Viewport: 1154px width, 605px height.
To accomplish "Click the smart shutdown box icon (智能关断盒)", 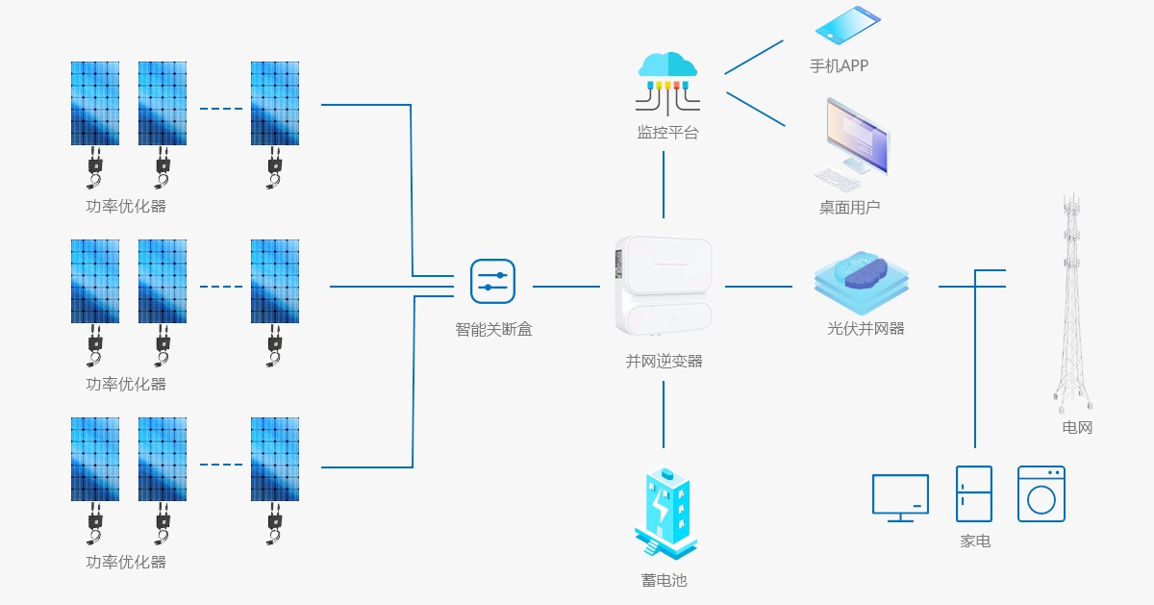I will click(x=492, y=281).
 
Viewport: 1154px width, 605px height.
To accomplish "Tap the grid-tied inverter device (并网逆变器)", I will click(x=664, y=286).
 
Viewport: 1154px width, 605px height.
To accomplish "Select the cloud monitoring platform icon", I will click(x=666, y=80).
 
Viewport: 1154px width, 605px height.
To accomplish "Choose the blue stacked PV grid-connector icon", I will click(x=861, y=280).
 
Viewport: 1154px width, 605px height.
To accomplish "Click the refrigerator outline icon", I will click(x=973, y=493).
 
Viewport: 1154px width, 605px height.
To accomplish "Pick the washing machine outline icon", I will click(x=1041, y=493).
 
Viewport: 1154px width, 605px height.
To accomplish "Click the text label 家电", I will click(x=975, y=542).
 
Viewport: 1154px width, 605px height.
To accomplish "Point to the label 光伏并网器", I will click(x=865, y=328).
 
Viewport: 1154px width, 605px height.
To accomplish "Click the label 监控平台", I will click(x=667, y=133).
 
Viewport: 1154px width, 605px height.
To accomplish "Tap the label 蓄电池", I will click(x=664, y=580).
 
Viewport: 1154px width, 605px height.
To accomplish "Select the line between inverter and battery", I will click(x=664, y=414).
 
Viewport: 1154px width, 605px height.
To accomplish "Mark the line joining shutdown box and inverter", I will click(x=565, y=286).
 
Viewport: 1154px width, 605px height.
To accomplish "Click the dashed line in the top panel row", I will click(x=221, y=109).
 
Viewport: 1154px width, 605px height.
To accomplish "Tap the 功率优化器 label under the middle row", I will click(x=126, y=384).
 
